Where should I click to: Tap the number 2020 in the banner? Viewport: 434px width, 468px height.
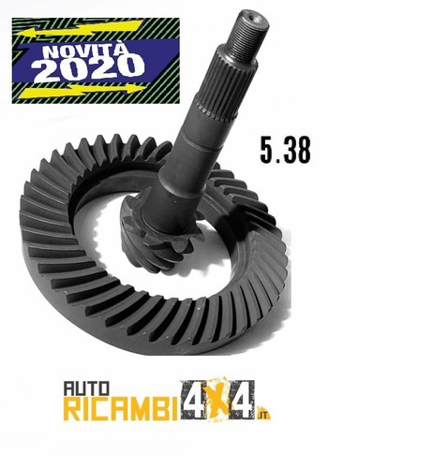90,68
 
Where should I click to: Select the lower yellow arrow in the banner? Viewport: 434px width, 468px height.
83,90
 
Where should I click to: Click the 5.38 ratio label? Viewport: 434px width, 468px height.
285,150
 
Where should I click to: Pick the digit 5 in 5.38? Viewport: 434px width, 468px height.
266,150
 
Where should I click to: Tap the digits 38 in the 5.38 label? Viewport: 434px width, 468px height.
297,150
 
